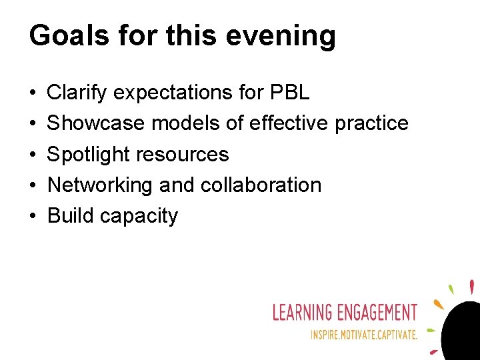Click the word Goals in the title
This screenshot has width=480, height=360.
(68, 35)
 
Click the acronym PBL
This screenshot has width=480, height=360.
(289, 93)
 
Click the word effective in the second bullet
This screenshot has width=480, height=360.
(287, 123)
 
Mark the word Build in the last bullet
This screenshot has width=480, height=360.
(70, 215)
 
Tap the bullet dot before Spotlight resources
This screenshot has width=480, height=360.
(33, 155)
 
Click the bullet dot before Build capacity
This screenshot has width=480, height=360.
(33, 216)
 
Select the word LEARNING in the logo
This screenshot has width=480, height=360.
(302, 312)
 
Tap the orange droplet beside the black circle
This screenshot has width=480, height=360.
(438, 304)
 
